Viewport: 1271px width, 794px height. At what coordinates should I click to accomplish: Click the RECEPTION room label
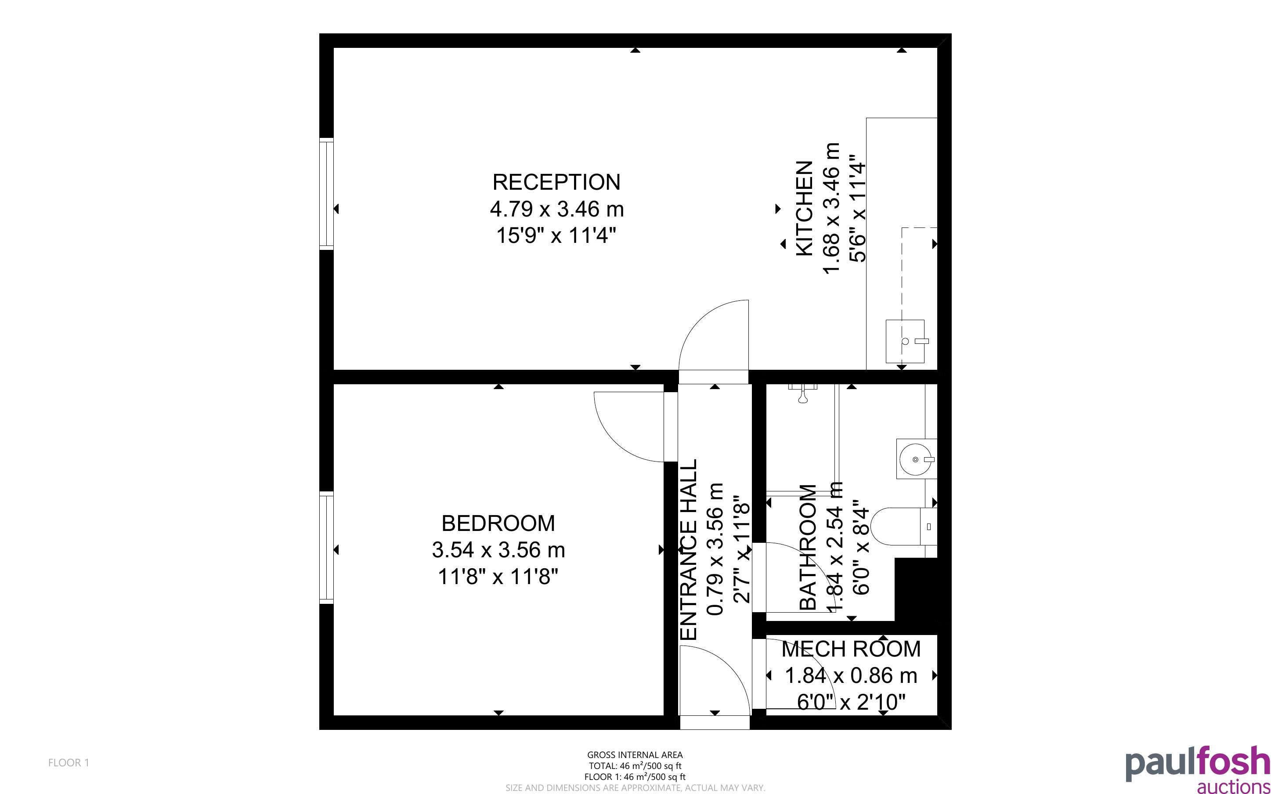click(556, 182)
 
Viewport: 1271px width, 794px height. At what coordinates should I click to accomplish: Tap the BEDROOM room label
click(498, 523)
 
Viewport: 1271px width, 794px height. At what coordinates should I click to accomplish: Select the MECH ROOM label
click(851, 649)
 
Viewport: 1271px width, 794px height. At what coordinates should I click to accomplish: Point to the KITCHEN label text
click(805, 209)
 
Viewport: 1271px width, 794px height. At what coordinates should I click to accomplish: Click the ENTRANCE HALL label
click(688, 549)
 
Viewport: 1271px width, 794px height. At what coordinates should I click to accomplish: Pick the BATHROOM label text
click(807, 547)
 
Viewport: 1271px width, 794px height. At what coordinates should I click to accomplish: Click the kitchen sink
click(905, 341)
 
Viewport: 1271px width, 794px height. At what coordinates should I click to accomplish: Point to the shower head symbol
click(803, 393)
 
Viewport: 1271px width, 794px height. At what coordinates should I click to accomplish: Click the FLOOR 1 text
click(69, 762)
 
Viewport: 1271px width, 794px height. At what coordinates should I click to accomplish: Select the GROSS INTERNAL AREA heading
click(635, 755)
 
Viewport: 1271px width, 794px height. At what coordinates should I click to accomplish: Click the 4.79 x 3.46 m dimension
click(556, 209)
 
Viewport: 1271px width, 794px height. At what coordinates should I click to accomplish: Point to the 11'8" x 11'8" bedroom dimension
click(498, 577)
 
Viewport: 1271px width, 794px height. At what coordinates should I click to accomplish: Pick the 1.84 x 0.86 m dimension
click(851, 675)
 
